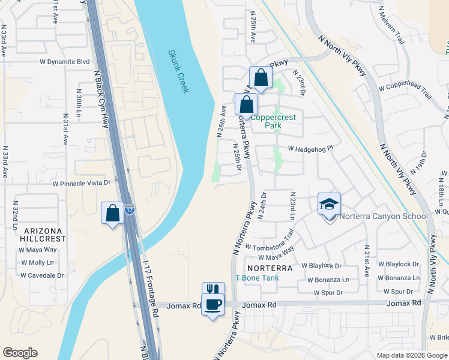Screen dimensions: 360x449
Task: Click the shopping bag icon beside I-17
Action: pos(112,213)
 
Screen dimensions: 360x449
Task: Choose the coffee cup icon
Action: pos(212,305)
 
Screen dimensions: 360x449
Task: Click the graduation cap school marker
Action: pos(329,204)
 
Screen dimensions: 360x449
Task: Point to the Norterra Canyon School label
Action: pos(383,217)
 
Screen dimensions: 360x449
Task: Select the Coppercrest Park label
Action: pos(273,122)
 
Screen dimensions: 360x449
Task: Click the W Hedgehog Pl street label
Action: pos(310,148)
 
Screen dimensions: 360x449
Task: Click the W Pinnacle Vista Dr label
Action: pos(82,183)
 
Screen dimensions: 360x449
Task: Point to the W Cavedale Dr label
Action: pos(42,275)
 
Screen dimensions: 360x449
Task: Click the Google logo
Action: pos(20,353)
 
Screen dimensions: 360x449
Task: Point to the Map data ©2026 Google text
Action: pos(411,355)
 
